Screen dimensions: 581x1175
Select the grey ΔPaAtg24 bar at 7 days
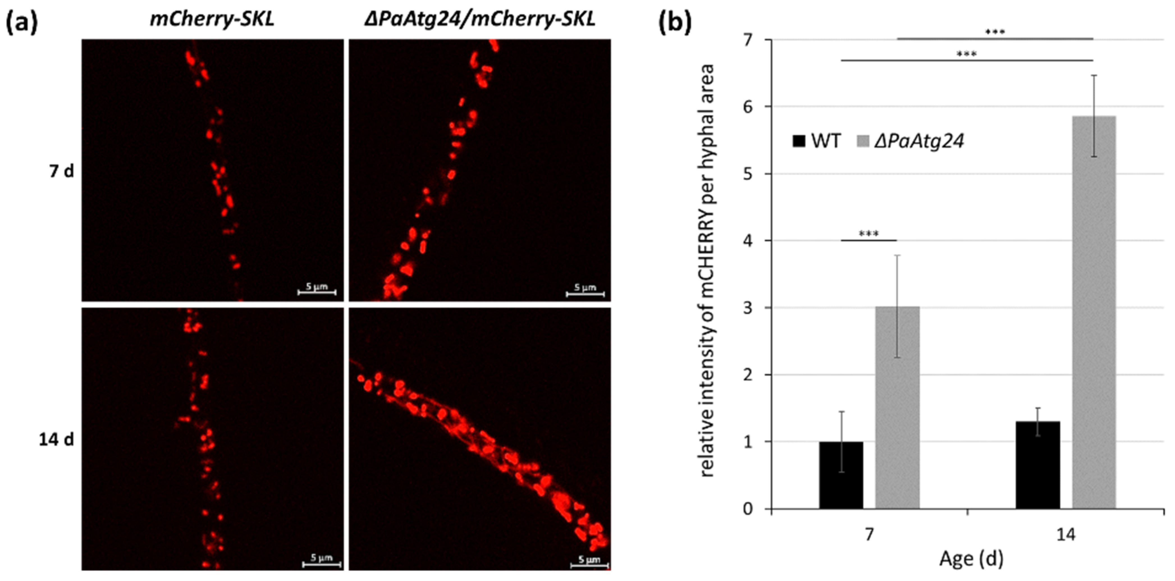coord(897,407)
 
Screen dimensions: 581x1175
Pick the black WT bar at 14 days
coord(1038,465)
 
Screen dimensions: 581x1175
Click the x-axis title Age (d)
coord(971,559)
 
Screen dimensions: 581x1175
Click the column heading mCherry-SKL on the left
coord(212,20)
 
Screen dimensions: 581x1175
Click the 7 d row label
coord(61,172)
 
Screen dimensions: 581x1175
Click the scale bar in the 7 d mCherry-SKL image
coord(317,291)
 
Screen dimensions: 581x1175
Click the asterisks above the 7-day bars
coord(868,234)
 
